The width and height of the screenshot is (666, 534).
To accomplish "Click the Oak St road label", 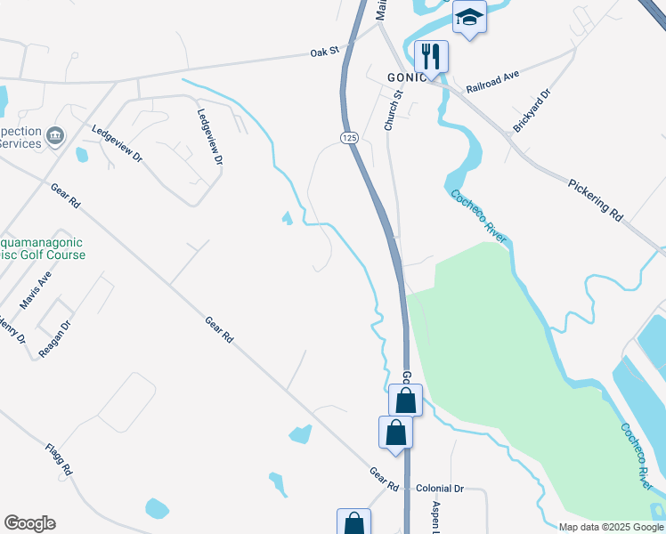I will [x=325, y=52].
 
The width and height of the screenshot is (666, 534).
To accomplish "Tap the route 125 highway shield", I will [x=348, y=137].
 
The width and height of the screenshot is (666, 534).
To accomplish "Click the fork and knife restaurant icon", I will [x=431, y=56].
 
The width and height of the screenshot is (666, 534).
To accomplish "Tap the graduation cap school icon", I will [x=469, y=17].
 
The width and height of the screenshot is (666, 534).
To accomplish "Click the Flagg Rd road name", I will [x=58, y=457].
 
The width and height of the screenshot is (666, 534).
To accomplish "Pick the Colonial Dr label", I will [x=441, y=489].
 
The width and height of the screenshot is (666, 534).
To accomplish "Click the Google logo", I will [x=28, y=523].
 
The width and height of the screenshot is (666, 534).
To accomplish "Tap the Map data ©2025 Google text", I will [x=610, y=527].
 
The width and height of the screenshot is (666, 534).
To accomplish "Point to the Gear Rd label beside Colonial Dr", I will [x=386, y=480].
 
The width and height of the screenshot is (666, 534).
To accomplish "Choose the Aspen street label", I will [x=437, y=517].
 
